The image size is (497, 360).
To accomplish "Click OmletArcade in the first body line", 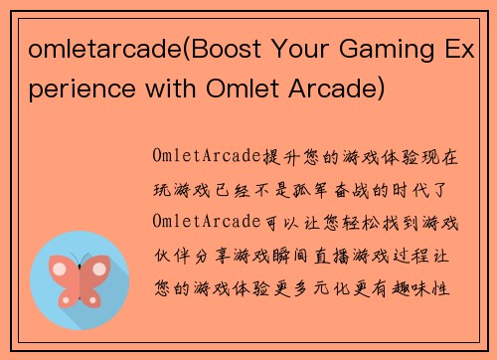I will click(x=205, y=157).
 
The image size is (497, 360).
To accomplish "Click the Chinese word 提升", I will click(x=273, y=157).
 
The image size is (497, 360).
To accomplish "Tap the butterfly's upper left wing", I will click(x=64, y=270).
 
